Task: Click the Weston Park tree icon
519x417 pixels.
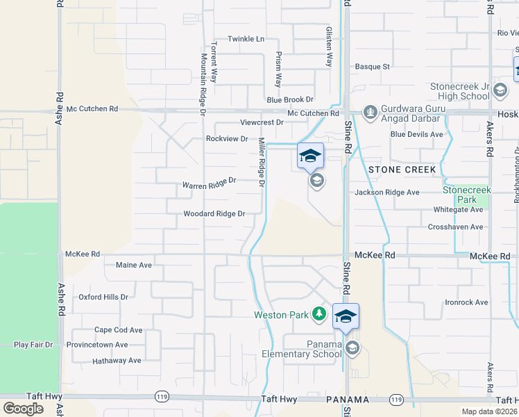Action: point(319,315)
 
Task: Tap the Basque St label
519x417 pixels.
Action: point(373,67)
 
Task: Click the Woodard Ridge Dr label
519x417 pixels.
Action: point(214,214)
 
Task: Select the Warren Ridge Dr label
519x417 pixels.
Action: point(209,183)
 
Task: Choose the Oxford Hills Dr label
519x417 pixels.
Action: point(103,297)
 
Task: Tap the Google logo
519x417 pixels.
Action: point(23,409)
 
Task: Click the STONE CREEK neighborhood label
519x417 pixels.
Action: point(402,170)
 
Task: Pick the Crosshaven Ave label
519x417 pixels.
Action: point(455,227)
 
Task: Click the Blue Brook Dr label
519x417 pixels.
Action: point(290,100)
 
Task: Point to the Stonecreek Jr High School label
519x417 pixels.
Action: point(460,91)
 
